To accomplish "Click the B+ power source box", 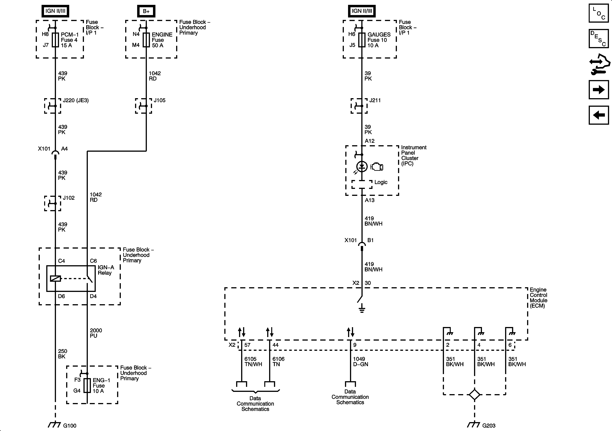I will point(146,11).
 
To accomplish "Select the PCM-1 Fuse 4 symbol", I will point(55,40).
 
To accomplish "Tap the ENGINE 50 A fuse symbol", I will point(146,40).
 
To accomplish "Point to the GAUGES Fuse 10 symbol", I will point(362,40).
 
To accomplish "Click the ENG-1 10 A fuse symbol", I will point(87,385).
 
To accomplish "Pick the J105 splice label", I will point(159,100).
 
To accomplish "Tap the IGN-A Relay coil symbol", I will point(55,278).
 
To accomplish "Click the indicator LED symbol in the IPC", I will point(362,167).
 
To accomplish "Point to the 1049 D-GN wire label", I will point(360,362).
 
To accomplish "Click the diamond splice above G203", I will point(475,394).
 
